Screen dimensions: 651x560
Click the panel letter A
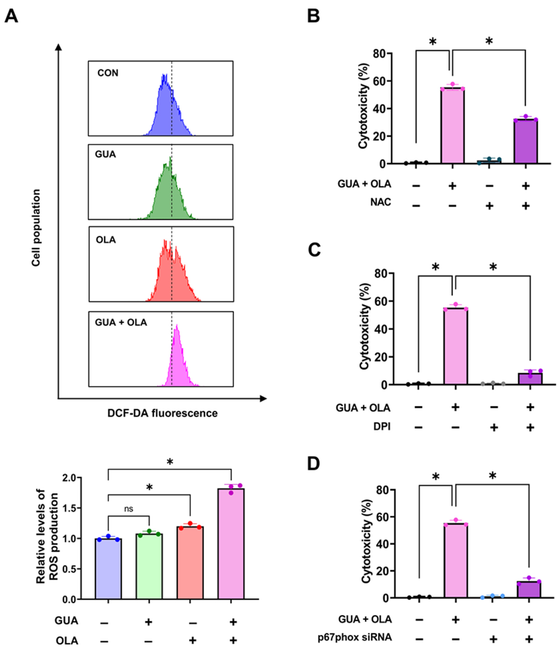point(11,16)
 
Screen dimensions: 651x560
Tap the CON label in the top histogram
point(108,73)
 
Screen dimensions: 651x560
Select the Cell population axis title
point(36,228)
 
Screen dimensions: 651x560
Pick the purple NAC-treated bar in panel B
point(525,141)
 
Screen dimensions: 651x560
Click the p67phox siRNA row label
point(355,637)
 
